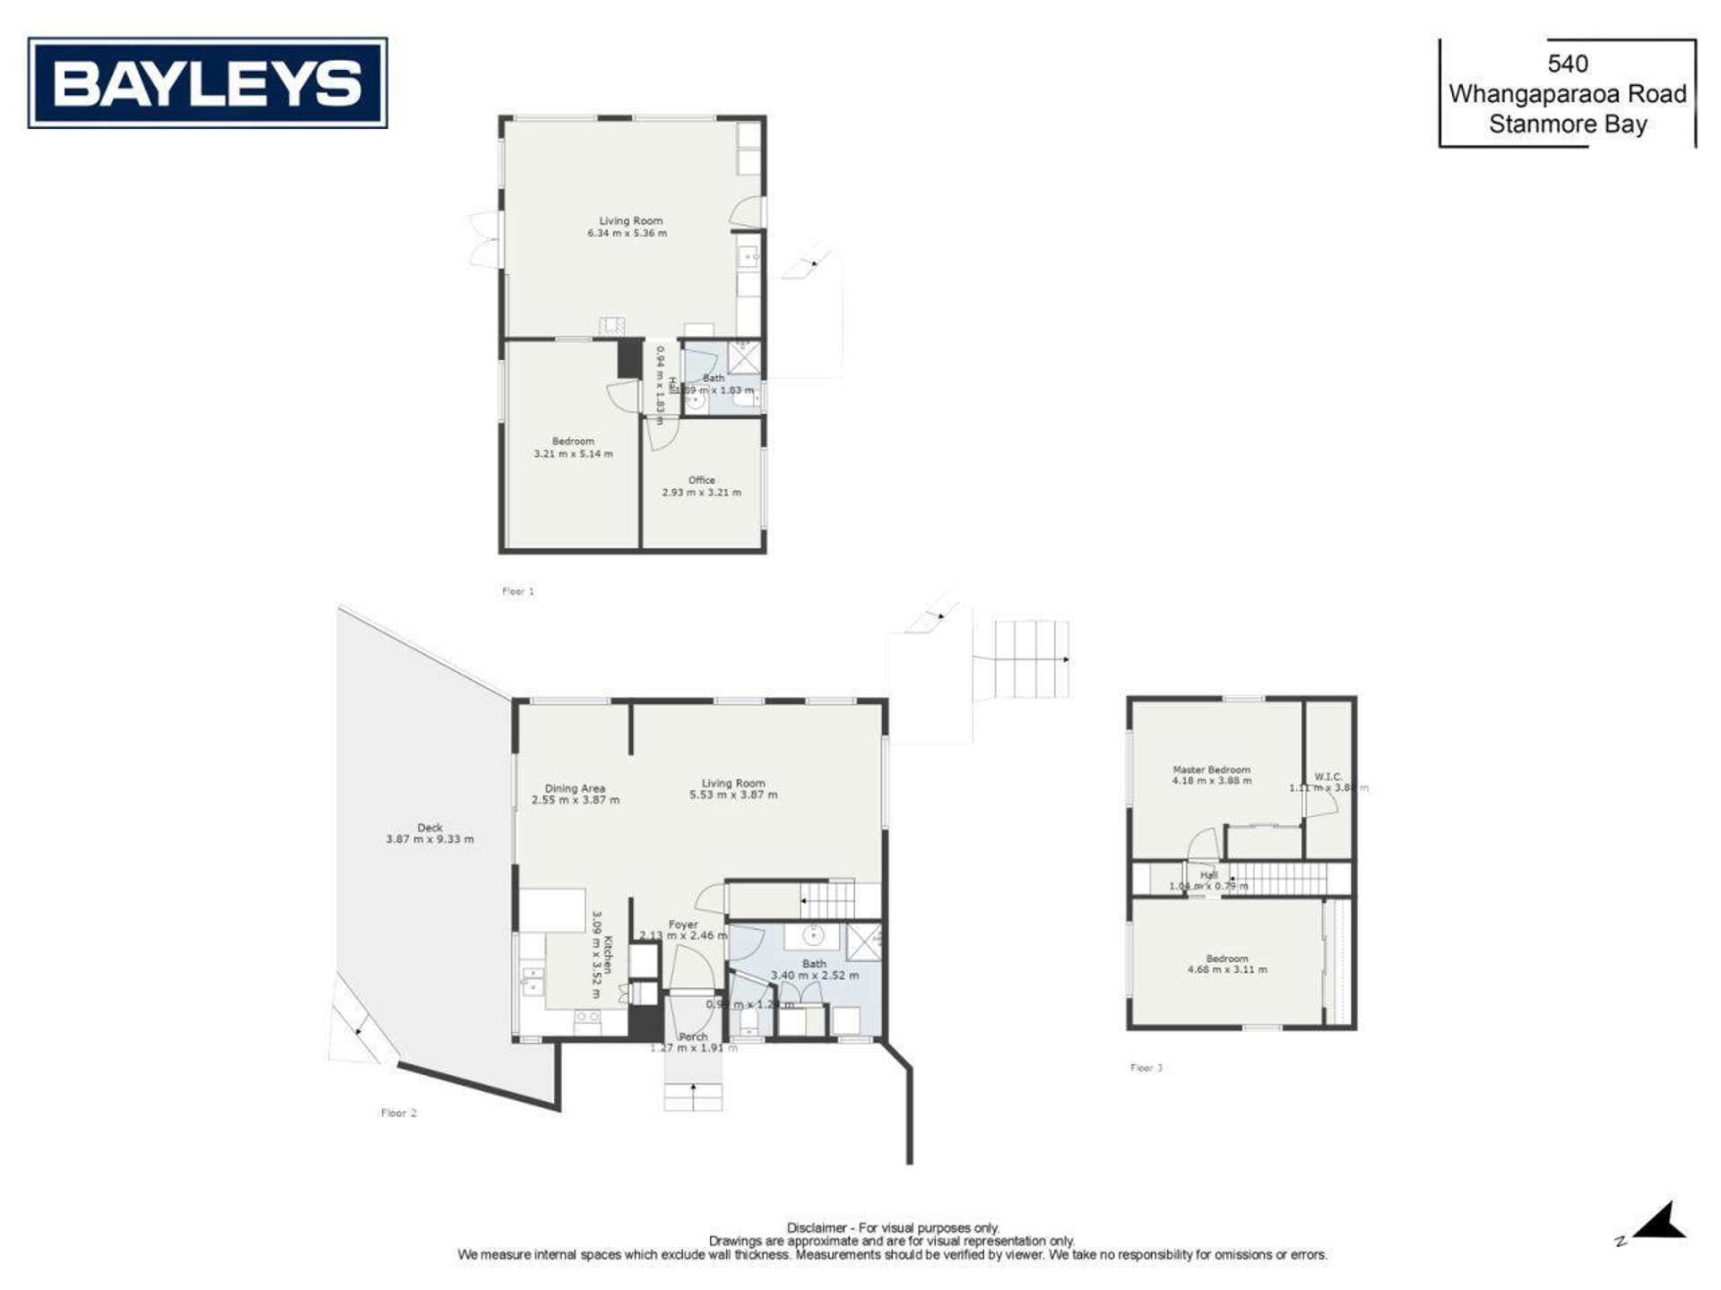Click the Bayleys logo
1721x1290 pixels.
(x=207, y=83)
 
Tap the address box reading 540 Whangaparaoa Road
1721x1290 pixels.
(x=1567, y=93)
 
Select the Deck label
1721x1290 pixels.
(x=429, y=828)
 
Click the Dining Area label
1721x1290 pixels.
(x=575, y=788)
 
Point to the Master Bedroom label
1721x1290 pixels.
(x=1211, y=770)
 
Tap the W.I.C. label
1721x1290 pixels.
(x=1328, y=777)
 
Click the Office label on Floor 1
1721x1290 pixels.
(x=701, y=480)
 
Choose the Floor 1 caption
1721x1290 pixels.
(x=517, y=591)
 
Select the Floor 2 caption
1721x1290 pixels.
(x=398, y=1113)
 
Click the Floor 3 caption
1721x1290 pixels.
(x=1146, y=1068)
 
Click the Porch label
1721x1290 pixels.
(x=693, y=1036)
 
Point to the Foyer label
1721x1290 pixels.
(x=683, y=924)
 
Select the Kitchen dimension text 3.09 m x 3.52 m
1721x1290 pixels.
(x=596, y=955)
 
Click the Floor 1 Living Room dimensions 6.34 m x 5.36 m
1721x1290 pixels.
(x=627, y=233)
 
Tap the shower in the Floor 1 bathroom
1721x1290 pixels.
(x=743, y=357)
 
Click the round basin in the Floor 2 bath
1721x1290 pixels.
(x=813, y=936)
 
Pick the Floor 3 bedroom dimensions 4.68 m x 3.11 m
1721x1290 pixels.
(x=1226, y=969)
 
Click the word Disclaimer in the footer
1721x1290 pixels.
(x=816, y=1228)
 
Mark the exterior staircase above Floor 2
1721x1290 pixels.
(x=1022, y=659)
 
